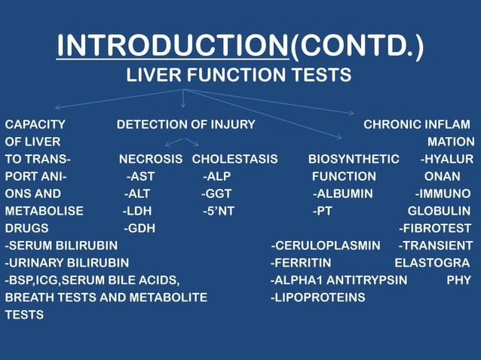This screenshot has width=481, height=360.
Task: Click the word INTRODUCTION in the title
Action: (x=173, y=47)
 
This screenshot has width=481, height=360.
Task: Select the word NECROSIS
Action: (x=150, y=159)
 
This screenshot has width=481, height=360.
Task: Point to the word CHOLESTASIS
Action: (x=234, y=159)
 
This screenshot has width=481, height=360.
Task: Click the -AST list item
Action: (x=140, y=176)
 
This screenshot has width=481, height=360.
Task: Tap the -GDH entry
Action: (x=139, y=228)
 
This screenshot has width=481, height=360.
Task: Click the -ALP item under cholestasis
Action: (x=216, y=176)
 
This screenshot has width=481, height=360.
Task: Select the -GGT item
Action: (x=216, y=194)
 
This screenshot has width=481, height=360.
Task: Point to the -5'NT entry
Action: (x=218, y=211)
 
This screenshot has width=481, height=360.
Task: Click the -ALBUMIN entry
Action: (x=343, y=194)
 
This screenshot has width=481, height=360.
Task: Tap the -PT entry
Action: (x=323, y=211)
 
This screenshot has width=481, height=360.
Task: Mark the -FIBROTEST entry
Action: (x=435, y=228)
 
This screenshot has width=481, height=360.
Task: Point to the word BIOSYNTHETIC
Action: (x=354, y=159)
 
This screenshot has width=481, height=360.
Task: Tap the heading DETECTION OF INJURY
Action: (x=185, y=124)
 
